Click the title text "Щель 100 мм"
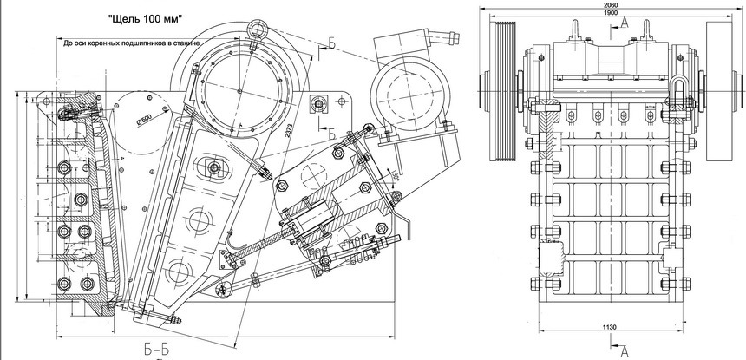pyautogui.click(x=145, y=17)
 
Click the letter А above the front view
pyautogui.click(x=625, y=24)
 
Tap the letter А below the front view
pyautogui.click(x=625, y=350)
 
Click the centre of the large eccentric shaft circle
pyautogui.click(x=240, y=86)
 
